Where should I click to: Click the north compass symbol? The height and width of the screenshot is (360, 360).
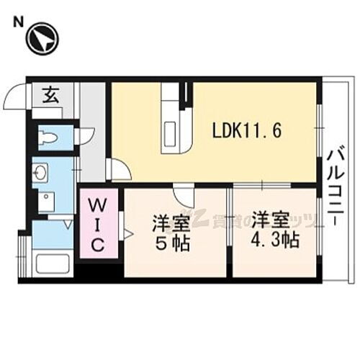tap(42, 39)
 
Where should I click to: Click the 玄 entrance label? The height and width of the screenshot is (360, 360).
tap(50, 94)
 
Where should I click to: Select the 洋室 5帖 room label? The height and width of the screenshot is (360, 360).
tap(170, 231)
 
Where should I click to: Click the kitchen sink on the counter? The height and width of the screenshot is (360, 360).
tap(173, 134)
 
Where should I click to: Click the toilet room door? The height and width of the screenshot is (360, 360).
tap(84, 135)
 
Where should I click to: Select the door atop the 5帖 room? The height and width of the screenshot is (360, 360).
tap(182, 194)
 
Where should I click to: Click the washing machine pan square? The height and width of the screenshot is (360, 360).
tap(46, 201)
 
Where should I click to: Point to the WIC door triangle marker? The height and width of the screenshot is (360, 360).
tap(128, 233)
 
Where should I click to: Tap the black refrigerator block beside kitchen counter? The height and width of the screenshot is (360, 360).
tap(186, 94)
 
